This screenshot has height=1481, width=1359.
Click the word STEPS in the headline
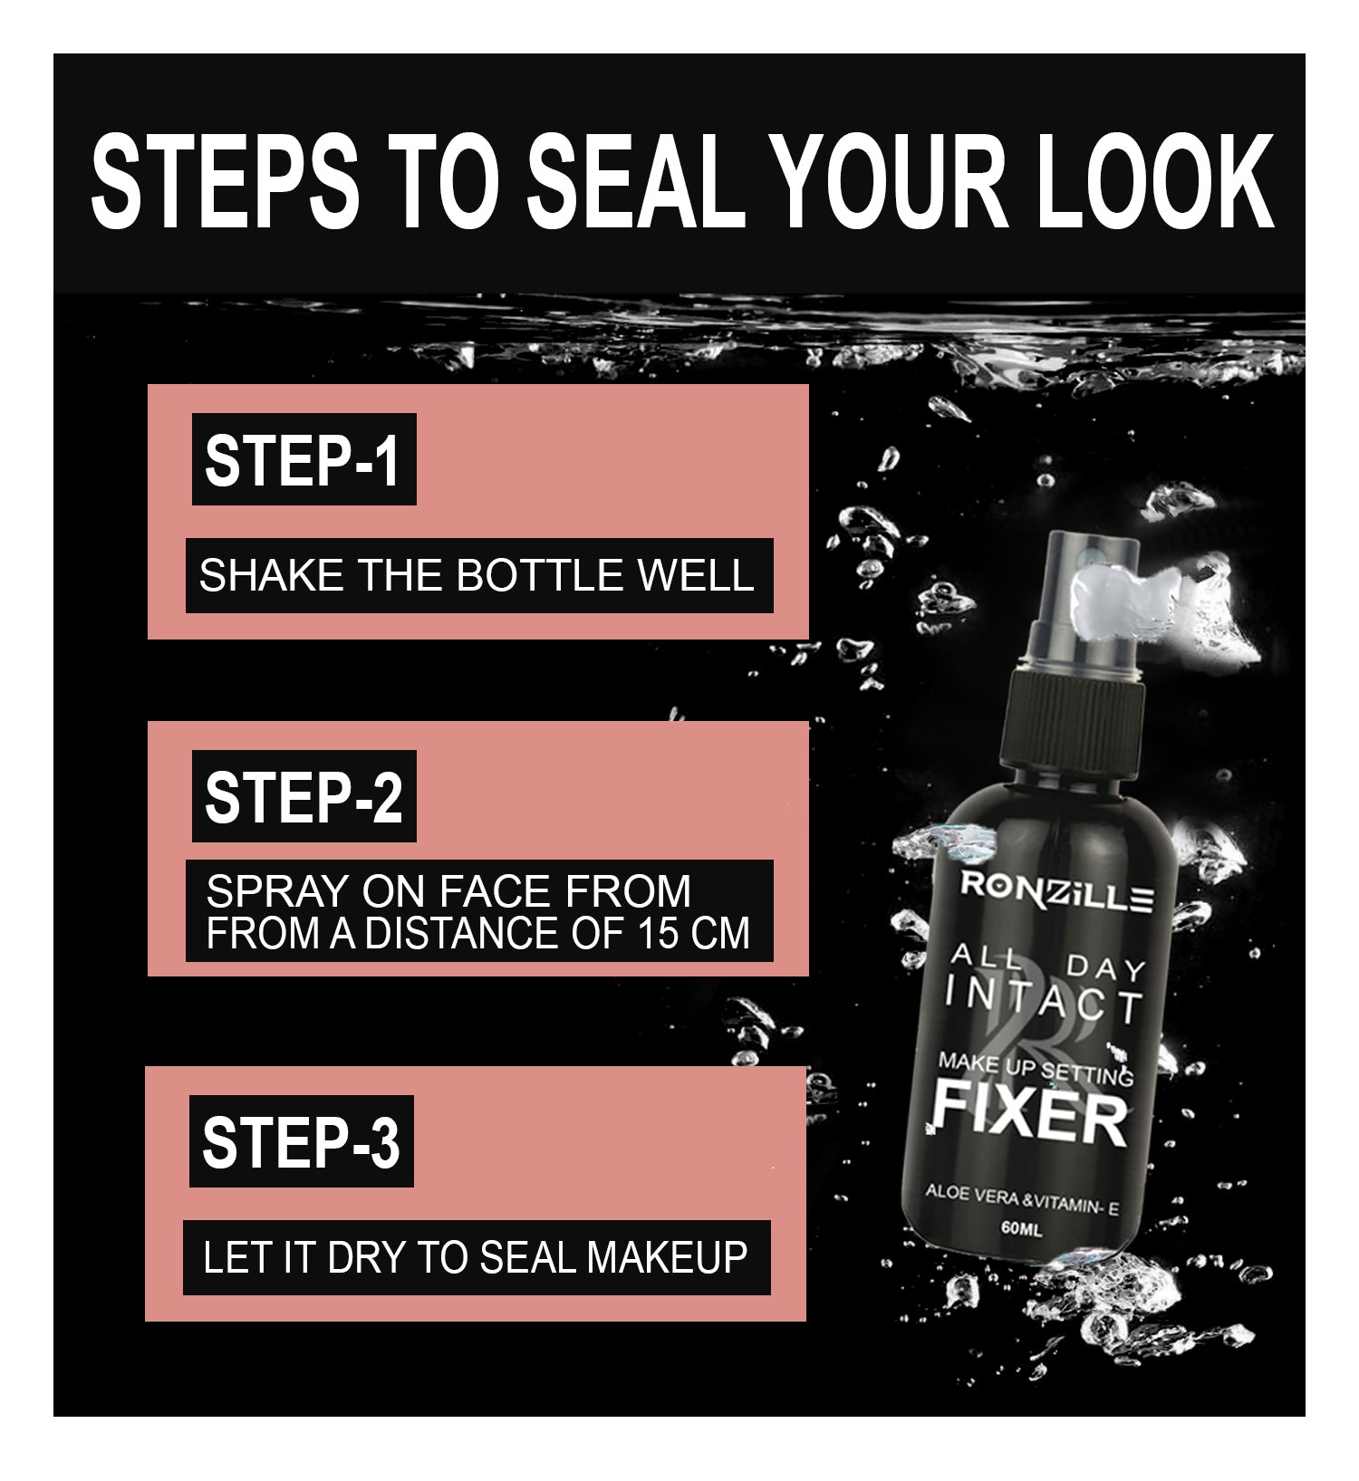(x=225, y=181)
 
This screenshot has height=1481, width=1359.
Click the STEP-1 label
(x=304, y=459)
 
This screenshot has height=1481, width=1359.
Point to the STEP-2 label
(x=304, y=796)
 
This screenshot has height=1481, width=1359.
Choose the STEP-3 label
(x=302, y=1141)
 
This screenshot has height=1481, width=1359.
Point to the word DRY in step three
(x=367, y=1257)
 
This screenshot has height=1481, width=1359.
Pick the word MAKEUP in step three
(x=667, y=1257)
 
